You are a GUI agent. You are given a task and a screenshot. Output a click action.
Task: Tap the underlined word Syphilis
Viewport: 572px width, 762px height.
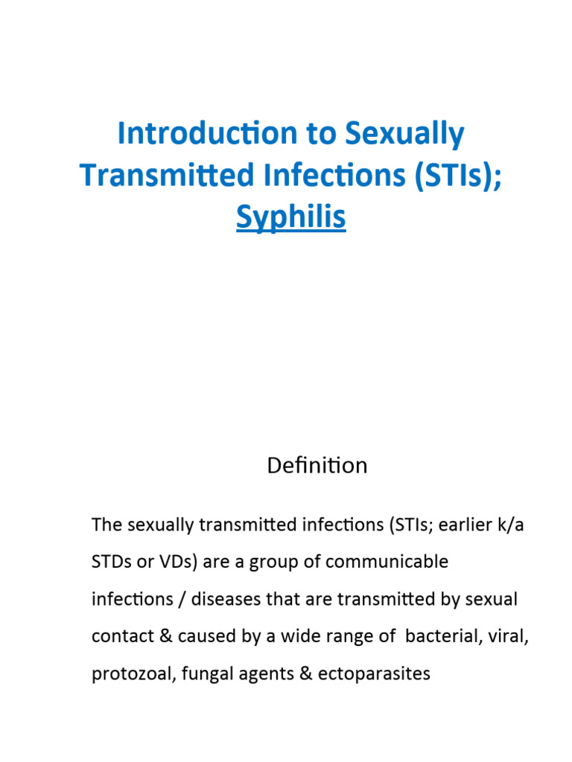coord(290,217)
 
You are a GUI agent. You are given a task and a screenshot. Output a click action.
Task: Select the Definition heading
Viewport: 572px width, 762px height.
coord(317,466)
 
